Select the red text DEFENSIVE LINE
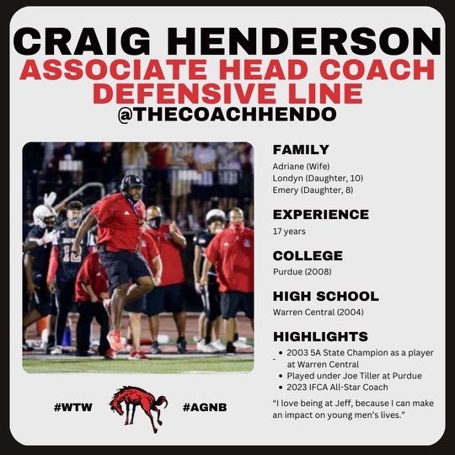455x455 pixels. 227,92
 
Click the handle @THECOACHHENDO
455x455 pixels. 227,114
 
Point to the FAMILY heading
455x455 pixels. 301,149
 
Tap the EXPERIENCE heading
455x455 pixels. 321,214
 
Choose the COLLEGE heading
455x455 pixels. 308,255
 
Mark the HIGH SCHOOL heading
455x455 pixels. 326,297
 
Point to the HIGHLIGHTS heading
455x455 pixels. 320,337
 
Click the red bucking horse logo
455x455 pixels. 138,408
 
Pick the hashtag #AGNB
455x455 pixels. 205,408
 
